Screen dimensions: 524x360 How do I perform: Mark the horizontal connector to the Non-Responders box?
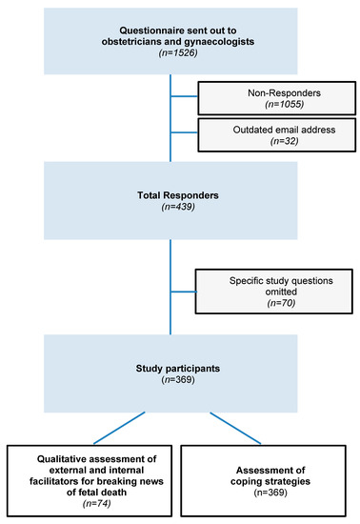pyautogui.click(x=185, y=97)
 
